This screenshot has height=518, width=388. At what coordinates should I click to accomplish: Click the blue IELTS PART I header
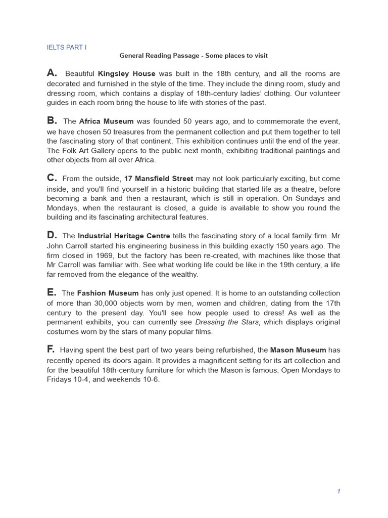point(67,47)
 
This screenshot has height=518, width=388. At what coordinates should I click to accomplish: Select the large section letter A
point(52,73)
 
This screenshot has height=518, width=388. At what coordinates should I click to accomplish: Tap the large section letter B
point(52,120)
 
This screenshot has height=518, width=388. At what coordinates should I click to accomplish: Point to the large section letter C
point(52,178)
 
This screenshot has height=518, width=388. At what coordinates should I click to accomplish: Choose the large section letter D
point(52,235)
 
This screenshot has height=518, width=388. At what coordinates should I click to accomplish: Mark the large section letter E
point(52,292)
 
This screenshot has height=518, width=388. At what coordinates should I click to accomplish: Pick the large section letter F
point(51,350)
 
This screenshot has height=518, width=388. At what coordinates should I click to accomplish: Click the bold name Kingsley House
point(126,74)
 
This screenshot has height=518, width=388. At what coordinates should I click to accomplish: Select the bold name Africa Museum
point(106,121)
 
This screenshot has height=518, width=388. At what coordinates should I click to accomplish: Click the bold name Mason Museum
point(298,351)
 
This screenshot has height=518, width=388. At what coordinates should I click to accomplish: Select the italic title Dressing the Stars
point(227,322)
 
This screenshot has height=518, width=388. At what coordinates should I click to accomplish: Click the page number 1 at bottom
point(338,491)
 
